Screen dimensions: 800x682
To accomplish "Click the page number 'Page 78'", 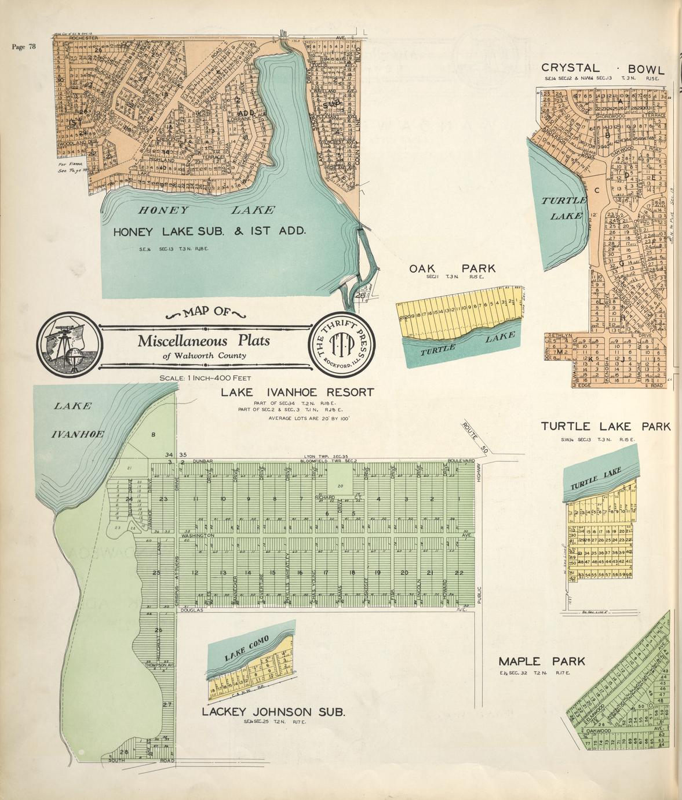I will coord(24,47).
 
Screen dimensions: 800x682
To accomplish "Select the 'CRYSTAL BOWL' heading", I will coord(603,68).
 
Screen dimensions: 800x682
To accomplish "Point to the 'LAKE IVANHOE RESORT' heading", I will coord(297,392).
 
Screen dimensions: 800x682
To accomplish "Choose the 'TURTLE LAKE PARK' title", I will coord(606,427).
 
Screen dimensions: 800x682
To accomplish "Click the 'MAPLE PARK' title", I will coord(542,661).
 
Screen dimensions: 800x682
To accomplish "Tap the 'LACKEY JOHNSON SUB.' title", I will coord(273,711).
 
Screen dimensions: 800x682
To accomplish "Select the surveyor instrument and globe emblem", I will coord(67,343).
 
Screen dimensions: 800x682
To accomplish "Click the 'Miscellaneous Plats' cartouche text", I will coord(203,341).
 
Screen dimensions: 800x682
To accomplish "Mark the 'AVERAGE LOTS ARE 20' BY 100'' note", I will coord(309,418).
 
